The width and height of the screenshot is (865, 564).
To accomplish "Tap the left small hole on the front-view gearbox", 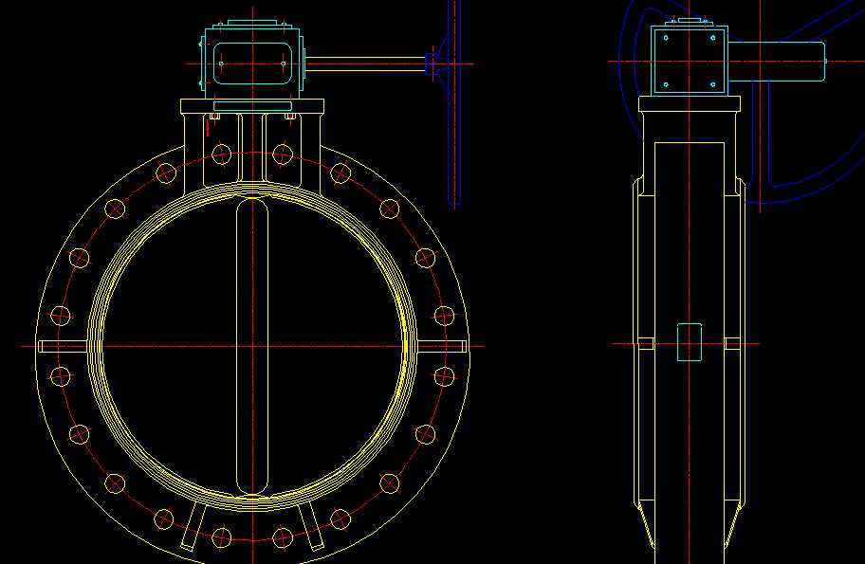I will pyautogui.click(x=221, y=64).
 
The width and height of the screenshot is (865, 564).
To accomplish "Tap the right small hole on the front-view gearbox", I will pyautogui.click(x=284, y=64).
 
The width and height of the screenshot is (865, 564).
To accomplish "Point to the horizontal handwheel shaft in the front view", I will pyautogui.click(x=365, y=64).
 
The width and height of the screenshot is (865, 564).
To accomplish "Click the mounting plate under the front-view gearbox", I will pyautogui.click(x=252, y=106).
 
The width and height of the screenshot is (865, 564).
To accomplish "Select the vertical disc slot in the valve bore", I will pyautogui.click(x=252, y=345).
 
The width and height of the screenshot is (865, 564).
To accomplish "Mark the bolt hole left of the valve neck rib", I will pyautogui.click(x=222, y=154).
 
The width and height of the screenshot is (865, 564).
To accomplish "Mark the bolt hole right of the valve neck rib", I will pyautogui.click(x=282, y=154).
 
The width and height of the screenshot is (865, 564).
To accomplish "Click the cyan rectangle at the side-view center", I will pyautogui.click(x=690, y=342).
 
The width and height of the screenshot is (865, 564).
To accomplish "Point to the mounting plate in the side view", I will pyautogui.click(x=690, y=104).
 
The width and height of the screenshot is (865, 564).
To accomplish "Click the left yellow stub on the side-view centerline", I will pyautogui.click(x=646, y=343).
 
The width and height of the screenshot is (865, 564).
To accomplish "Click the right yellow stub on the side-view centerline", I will pyautogui.click(x=733, y=343).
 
